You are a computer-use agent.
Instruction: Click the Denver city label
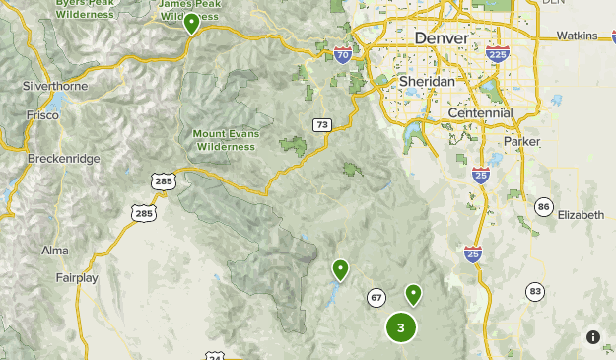pos(443,37)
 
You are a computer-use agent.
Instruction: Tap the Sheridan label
pos(427,81)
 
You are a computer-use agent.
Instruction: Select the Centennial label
pos(480,113)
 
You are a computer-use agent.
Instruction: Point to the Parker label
pos(521,142)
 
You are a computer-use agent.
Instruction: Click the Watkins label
pos(577,36)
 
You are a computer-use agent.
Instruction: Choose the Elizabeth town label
pos(581,214)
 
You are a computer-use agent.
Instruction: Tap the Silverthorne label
pos(56,86)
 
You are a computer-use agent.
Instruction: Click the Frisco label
pos(42,115)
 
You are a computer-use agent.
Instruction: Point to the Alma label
pos(55,251)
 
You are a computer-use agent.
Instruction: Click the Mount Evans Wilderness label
pos(230,139)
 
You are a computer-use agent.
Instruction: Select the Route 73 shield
pos(321,125)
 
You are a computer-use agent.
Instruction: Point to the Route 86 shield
pos(544,206)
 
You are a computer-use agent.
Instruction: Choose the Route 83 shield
pos(535,291)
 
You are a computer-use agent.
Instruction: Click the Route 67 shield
pos(376,297)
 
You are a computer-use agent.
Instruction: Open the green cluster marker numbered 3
pos(400,327)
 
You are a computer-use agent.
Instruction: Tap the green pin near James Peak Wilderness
pos(191,23)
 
